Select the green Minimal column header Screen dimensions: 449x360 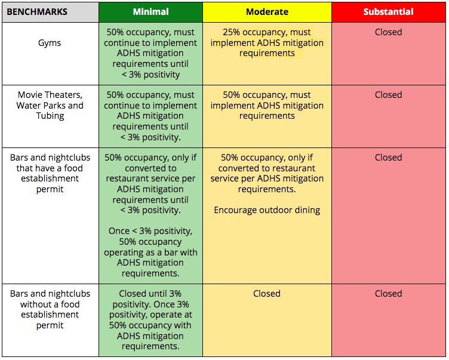click(150, 12)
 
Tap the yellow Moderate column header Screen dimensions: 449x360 click(267, 12)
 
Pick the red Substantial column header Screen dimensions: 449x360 click(388, 12)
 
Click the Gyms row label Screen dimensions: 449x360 click(50, 43)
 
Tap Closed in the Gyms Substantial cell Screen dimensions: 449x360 click(388, 32)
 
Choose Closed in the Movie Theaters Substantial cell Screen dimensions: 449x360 click(388, 95)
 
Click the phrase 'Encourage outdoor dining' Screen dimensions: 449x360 click(267, 210)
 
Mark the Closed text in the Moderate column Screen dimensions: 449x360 click(266, 294)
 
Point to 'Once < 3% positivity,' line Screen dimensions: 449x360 click(150, 231)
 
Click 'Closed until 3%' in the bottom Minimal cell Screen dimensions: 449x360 click(150, 294)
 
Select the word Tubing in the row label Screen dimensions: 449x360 click(50, 116)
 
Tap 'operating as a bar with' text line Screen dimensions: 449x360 click(150, 253)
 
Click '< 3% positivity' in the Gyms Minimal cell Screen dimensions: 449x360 click(150, 75)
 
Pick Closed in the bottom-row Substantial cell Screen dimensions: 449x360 click(388, 294)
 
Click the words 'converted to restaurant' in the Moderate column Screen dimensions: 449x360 click(266, 168)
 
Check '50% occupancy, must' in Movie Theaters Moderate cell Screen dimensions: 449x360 click(267, 95)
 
